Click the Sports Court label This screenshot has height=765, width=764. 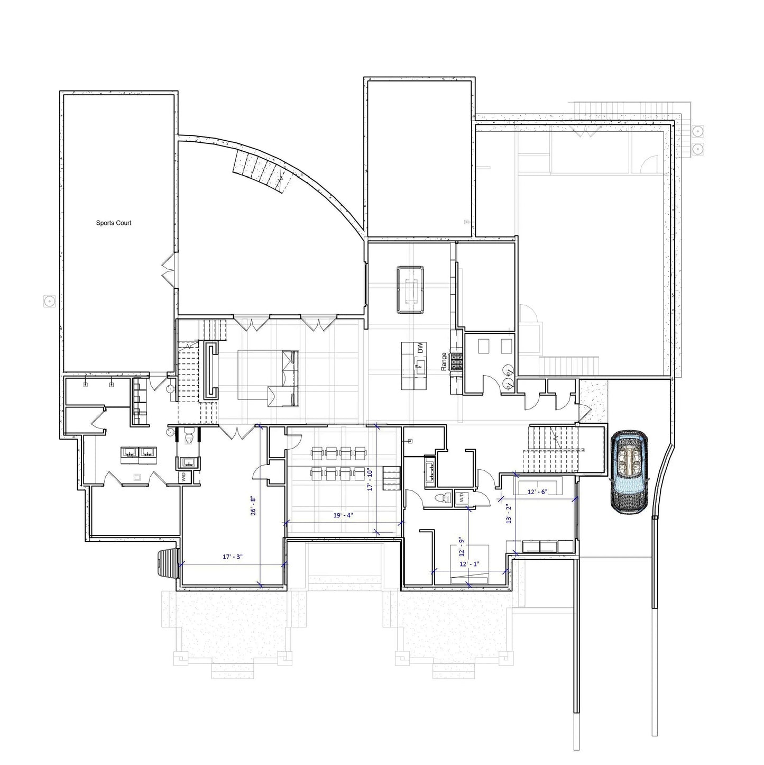[113, 223]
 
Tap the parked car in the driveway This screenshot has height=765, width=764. [629, 472]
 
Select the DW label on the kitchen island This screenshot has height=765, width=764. [420, 348]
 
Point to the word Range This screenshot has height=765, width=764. [444, 361]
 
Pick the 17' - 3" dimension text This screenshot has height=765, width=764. [232, 557]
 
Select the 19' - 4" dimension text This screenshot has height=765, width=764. [343, 515]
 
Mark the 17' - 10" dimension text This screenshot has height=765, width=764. [371, 480]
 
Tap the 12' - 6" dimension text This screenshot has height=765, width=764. [538, 491]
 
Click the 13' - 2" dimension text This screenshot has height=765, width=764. [509, 513]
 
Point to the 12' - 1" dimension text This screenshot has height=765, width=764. [469, 564]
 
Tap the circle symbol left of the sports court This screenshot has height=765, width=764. [49, 302]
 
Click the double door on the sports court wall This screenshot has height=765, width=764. [169, 270]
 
